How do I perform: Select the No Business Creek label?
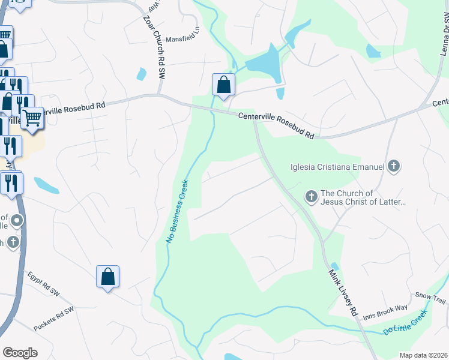[177, 211]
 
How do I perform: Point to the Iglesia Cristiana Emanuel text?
[337, 166]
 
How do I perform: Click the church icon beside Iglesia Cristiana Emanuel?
[393, 166]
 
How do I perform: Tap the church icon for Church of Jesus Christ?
[311, 196]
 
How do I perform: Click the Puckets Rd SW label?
[53, 317]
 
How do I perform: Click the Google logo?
[20, 352]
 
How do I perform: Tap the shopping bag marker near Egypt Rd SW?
[108, 277]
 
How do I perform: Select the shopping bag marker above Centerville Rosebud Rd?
[223, 85]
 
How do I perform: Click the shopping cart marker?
[32, 118]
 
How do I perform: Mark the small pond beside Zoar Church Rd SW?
[142, 74]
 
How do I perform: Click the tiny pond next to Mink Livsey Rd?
[334, 266]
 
